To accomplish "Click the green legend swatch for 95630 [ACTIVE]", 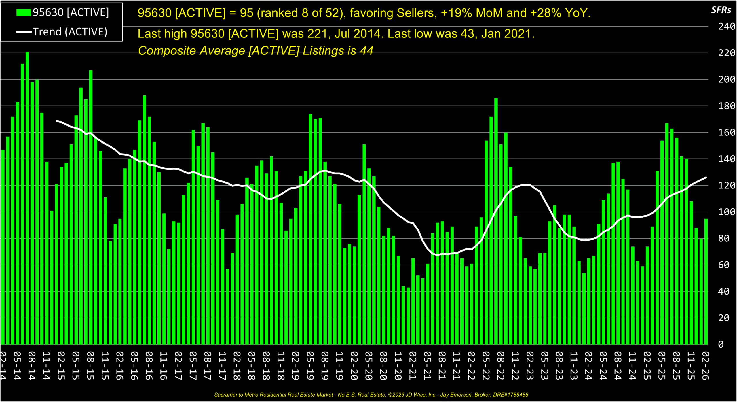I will [24, 12].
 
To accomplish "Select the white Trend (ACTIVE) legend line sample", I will [24, 32].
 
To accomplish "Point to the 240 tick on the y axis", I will [727, 27].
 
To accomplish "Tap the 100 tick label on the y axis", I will [727, 212].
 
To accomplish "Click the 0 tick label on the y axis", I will [721, 344].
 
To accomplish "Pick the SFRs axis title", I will [721, 10].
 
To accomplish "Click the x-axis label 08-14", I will [32, 365].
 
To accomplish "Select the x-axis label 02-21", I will [413, 365].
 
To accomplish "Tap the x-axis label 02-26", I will [705, 365].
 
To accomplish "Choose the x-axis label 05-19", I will [310, 365].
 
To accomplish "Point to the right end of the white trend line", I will [706, 178].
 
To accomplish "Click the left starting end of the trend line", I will [56, 121].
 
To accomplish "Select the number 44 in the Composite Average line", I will [367, 51].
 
